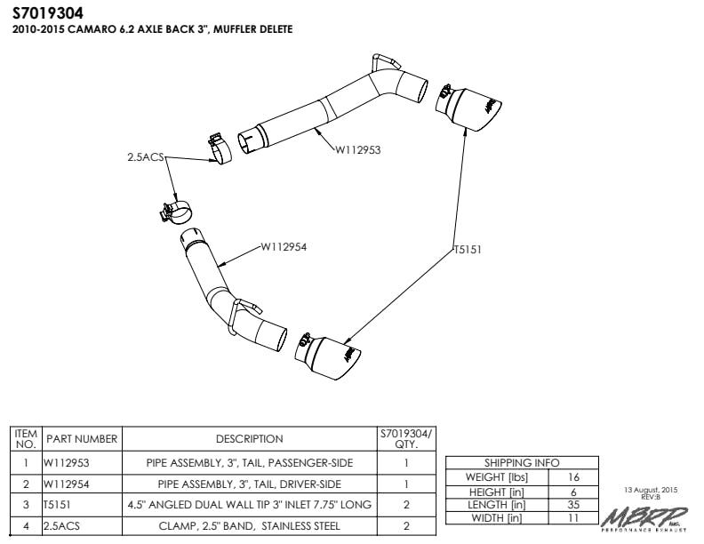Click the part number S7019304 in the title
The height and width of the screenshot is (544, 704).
click(x=51, y=13)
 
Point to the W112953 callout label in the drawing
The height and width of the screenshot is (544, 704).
click(x=357, y=150)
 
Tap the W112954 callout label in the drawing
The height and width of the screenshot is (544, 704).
click(x=284, y=247)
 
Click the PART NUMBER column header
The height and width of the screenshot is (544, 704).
click(x=82, y=438)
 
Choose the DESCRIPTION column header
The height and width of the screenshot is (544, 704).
click(x=249, y=438)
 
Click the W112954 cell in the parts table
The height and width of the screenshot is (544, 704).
click(x=68, y=484)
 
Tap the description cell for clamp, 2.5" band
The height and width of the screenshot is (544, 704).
click(x=249, y=525)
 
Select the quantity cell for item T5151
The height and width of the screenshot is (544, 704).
click(x=405, y=505)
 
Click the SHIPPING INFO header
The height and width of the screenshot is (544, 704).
click(x=522, y=463)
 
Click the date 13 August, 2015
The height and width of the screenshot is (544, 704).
click(x=652, y=490)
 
